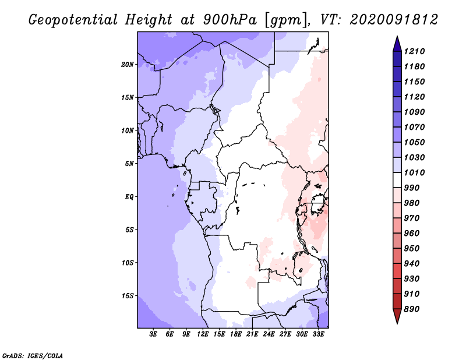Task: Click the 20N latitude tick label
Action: pos(128,65)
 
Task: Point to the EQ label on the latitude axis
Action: pos(129,197)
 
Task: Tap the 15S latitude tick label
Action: pos(128,296)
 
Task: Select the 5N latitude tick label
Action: pos(129,164)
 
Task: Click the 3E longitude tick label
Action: pos(153,334)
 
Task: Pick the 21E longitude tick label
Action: pos(252,334)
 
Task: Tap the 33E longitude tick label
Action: pos(318,334)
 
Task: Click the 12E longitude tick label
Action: pos(203,334)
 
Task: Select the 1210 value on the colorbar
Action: pos(415,51)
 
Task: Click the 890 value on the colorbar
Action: pos(412,309)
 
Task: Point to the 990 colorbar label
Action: pos(412,188)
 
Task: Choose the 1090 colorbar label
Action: pos(415,112)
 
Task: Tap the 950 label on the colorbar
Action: pos(412,249)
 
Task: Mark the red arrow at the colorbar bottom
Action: pos(397,316)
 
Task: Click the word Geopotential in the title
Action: pos(73,20)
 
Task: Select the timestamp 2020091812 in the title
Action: pos(394,20)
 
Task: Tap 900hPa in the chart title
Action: pos(230,20)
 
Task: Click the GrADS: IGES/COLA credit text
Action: pos(33,356)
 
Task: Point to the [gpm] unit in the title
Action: pos(286,20)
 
